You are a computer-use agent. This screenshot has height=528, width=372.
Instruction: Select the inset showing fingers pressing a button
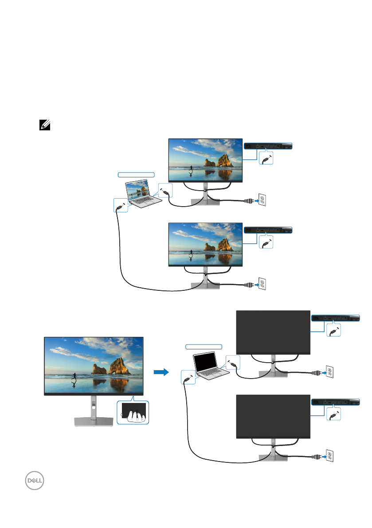(133, 412)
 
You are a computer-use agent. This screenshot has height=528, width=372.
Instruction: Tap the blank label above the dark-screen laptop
(203, 346)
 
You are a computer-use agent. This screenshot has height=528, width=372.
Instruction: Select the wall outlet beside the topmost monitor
(262, 200)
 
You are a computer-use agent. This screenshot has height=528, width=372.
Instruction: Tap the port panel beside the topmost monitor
(268, 145)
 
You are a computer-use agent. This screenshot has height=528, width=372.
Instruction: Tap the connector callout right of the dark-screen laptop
(232, 363)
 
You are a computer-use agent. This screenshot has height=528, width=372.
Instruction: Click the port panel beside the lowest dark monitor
(335, 402)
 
